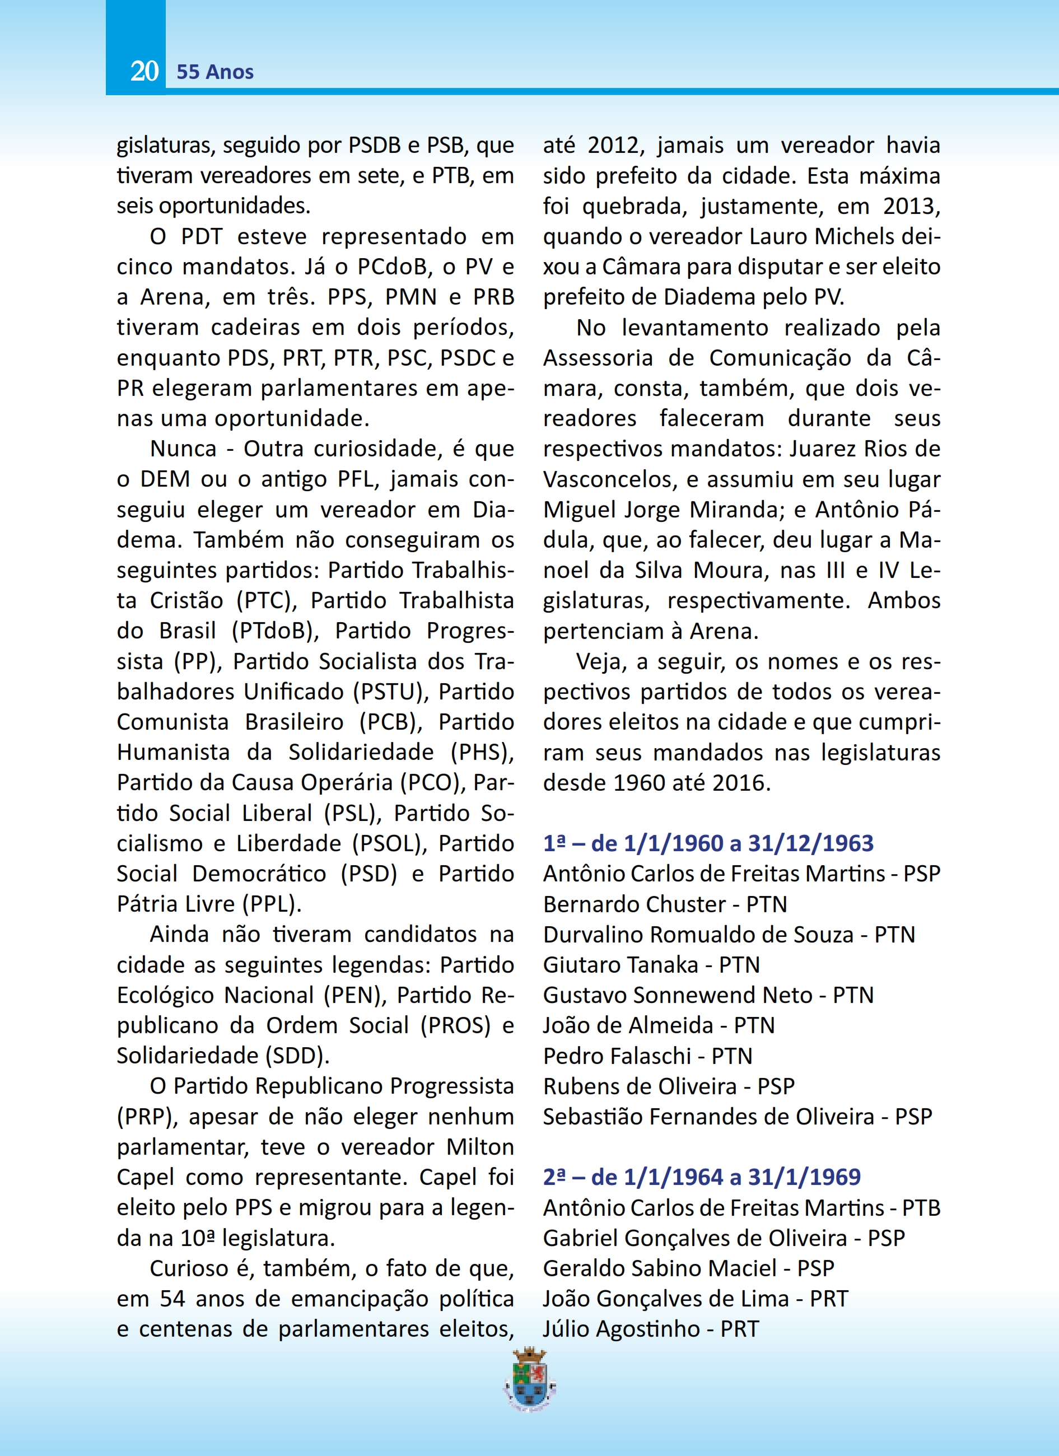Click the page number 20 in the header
144,71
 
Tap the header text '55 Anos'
215,72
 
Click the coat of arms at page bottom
530,1380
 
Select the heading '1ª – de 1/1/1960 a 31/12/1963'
708,843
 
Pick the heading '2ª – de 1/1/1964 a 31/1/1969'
702,1177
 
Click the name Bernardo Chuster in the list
634,904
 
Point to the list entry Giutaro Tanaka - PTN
651,964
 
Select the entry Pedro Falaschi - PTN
647,1056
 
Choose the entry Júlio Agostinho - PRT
651,1328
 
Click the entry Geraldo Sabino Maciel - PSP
688,1268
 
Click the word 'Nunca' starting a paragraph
183,449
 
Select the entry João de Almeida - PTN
659,1025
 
